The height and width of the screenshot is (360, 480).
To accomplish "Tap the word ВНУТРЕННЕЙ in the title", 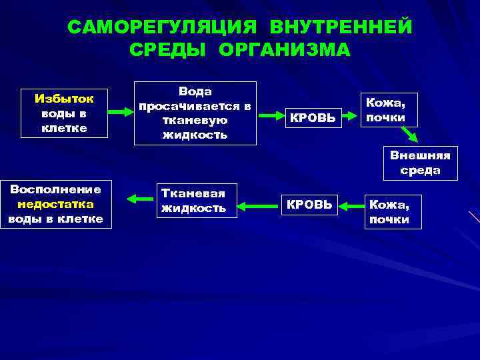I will click(341, 27).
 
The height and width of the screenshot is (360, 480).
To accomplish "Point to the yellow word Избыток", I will click(64, 99).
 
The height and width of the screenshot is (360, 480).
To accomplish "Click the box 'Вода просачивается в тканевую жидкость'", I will click(195, 113).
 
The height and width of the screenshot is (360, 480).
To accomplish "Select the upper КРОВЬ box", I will click(313, 117).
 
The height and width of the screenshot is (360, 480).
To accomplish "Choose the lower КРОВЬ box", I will click(309, 205).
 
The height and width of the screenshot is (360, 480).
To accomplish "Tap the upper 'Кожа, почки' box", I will click(389, 110).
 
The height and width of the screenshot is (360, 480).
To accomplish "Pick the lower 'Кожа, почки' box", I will click(393, 211).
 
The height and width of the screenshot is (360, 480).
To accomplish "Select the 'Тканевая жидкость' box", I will click(193, 201).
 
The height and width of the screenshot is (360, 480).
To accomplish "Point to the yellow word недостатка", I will click(56, 204).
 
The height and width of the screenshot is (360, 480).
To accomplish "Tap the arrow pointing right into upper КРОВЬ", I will click(270, 116).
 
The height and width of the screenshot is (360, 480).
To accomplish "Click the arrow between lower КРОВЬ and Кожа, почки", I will click(351, 205).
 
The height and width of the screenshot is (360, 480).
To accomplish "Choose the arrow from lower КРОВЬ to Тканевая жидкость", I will click(255, 205).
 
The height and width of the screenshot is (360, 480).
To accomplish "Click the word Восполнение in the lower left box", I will click(56, 189).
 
